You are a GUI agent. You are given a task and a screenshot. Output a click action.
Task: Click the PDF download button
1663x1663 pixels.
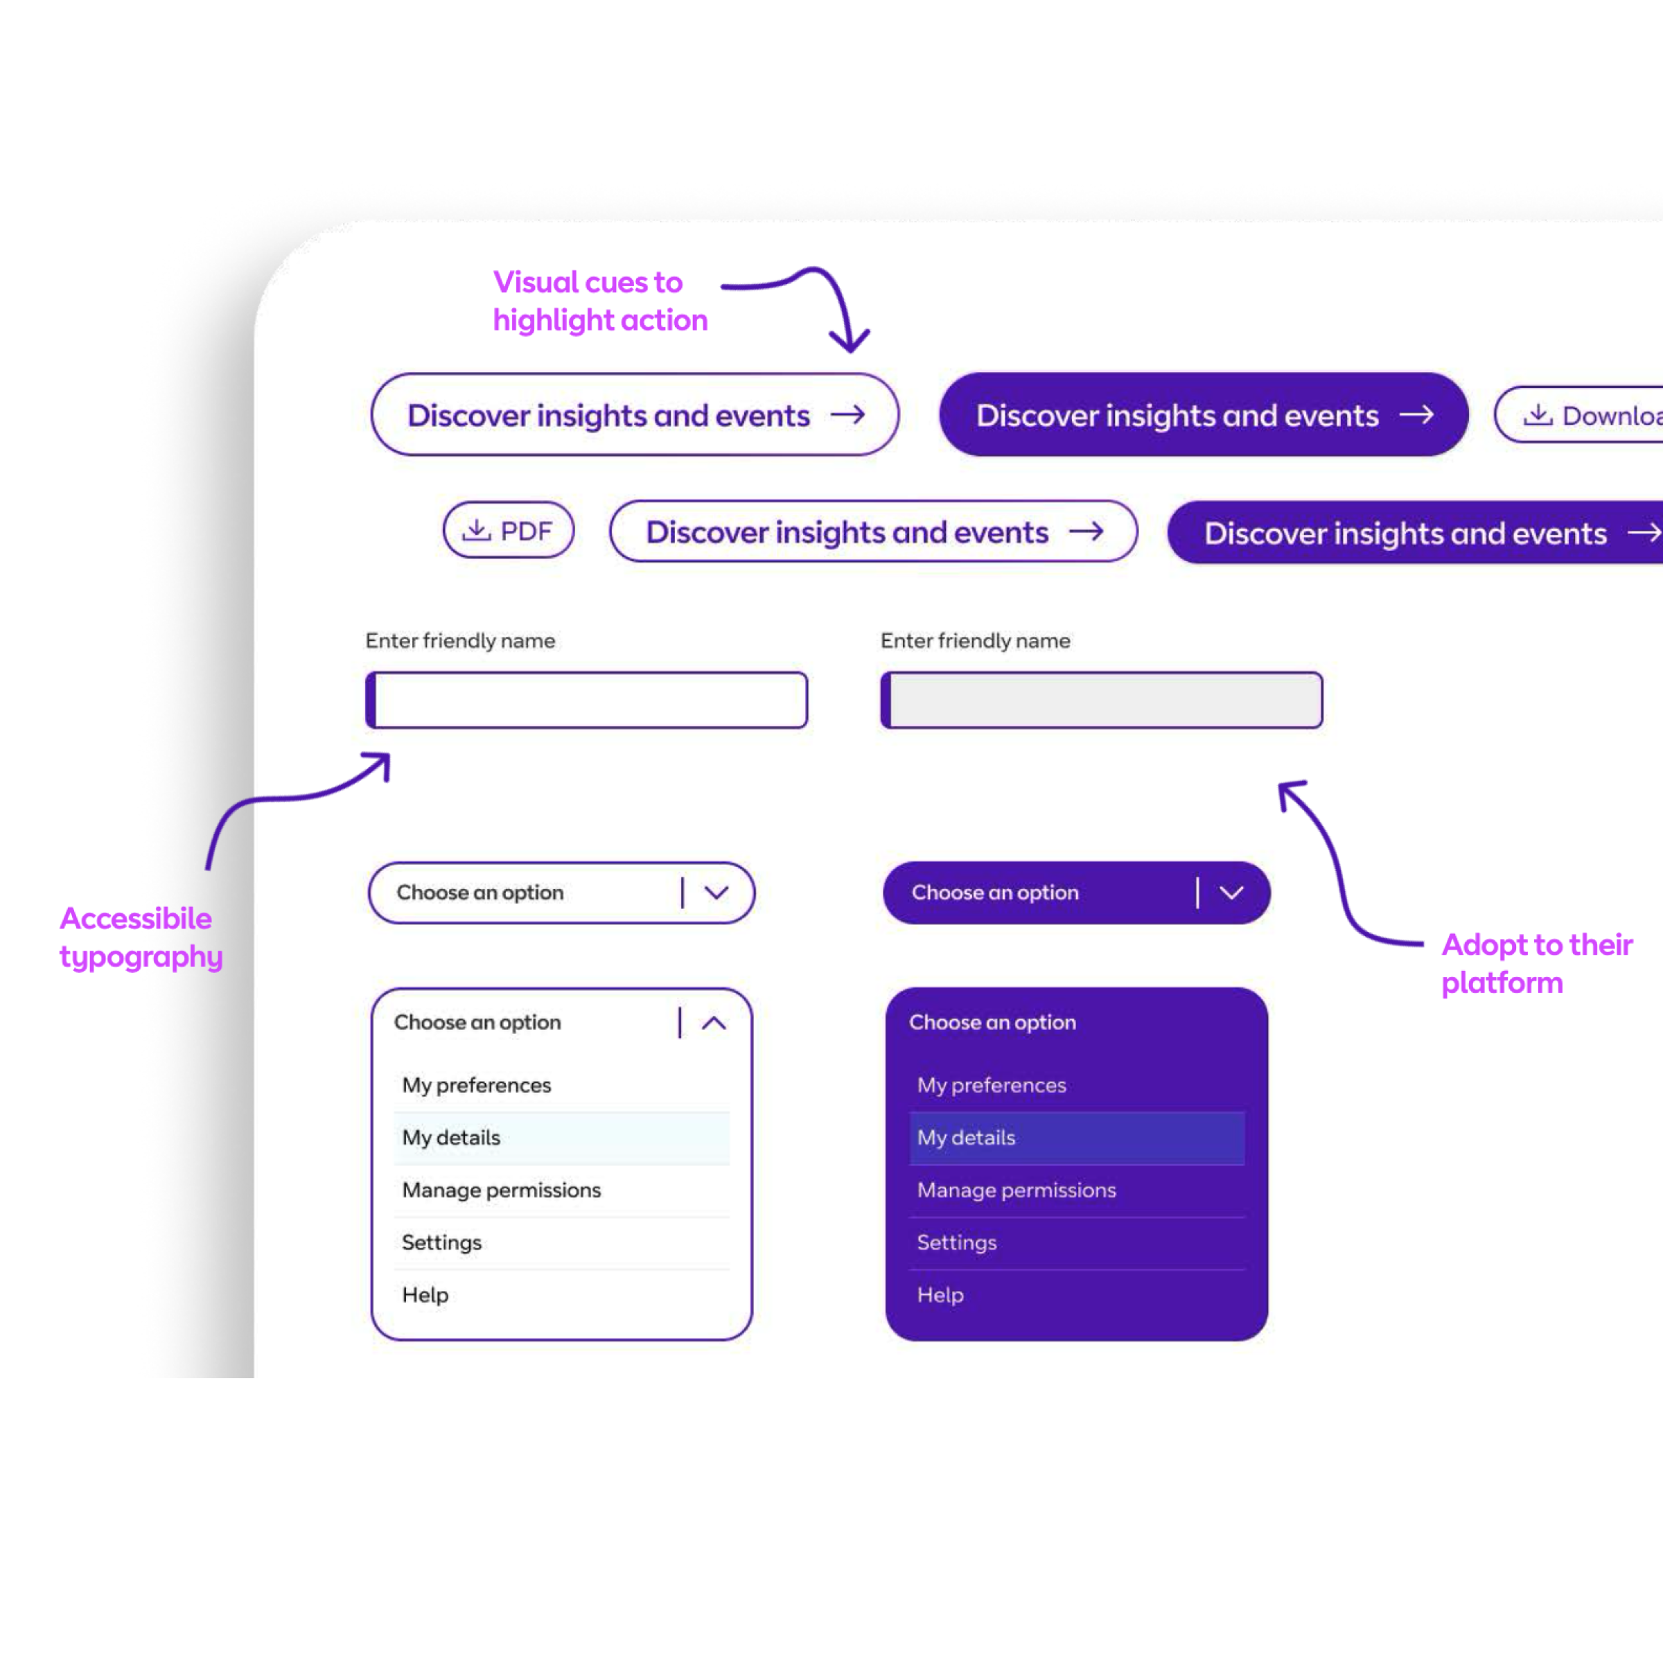coord(508,530)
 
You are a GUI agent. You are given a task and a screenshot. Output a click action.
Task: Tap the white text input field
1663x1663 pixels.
coord(586,700)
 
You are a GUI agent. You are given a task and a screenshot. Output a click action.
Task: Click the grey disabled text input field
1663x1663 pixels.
coord(1101,700)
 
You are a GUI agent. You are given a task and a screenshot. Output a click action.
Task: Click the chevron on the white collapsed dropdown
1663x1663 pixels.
coord(716,892)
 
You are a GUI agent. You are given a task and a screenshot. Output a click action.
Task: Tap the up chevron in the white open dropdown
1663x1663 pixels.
coord(714,1023)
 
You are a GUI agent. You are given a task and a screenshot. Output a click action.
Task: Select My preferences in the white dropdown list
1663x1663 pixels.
coord(476,1085)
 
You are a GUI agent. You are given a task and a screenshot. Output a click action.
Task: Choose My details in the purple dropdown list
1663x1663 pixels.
coord(966,1138)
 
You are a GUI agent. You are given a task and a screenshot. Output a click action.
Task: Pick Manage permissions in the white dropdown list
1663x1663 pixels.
coord(501,1190)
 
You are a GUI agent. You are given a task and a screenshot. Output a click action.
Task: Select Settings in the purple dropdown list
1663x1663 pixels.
coord(956,1243)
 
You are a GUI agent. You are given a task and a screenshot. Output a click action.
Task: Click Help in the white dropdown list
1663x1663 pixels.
coord(425,1296)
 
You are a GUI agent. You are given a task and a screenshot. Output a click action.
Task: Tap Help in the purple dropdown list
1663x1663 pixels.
coord(940,1296)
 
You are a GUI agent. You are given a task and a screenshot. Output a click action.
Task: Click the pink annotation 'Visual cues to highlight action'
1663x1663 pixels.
coord(600,301)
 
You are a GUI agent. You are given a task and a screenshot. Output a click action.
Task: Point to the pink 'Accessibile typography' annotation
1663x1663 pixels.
coord(141,938)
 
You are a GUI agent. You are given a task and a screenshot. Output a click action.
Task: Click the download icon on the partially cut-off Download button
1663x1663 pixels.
coord(1538,415)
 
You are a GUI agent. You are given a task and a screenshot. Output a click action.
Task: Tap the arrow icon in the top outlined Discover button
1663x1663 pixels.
coord(848,415)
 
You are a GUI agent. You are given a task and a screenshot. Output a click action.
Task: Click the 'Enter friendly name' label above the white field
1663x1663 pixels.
coord(461,640)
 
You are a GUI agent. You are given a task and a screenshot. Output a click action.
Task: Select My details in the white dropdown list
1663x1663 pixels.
coord(451,1138)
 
